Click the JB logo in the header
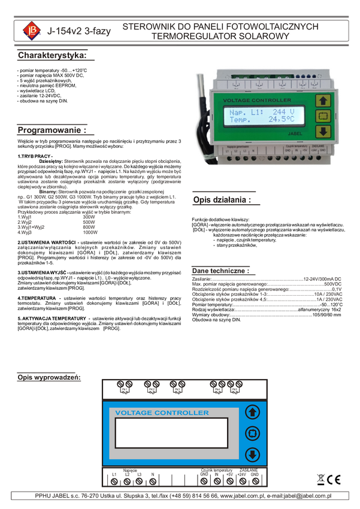point(28,31)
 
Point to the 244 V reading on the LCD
point(283,112)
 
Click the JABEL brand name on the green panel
point(295,135)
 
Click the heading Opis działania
point(221,200)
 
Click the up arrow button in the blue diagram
point(253,413)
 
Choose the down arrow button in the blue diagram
point(253,454)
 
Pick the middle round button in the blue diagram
point(253,433)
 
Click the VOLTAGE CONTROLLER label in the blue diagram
point(162,413)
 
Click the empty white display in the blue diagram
point(171,432)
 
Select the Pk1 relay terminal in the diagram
point(125,387)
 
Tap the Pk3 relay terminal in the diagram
point(177,387)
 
